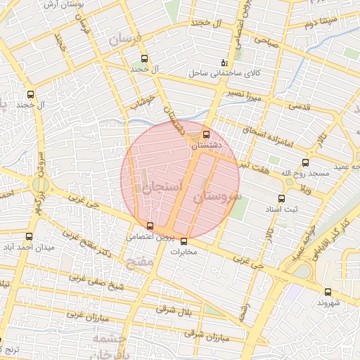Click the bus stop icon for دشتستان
[206, 134]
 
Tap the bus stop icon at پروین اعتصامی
[150, 226]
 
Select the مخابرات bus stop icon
[184, 241]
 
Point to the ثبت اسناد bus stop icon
[281, 198]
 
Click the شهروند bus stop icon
[328, 292]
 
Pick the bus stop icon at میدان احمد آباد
[29, 237]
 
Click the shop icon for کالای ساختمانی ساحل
[225, 63]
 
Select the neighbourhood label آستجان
[162, 187]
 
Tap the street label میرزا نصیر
[243, 96]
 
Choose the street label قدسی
[300, 106]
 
